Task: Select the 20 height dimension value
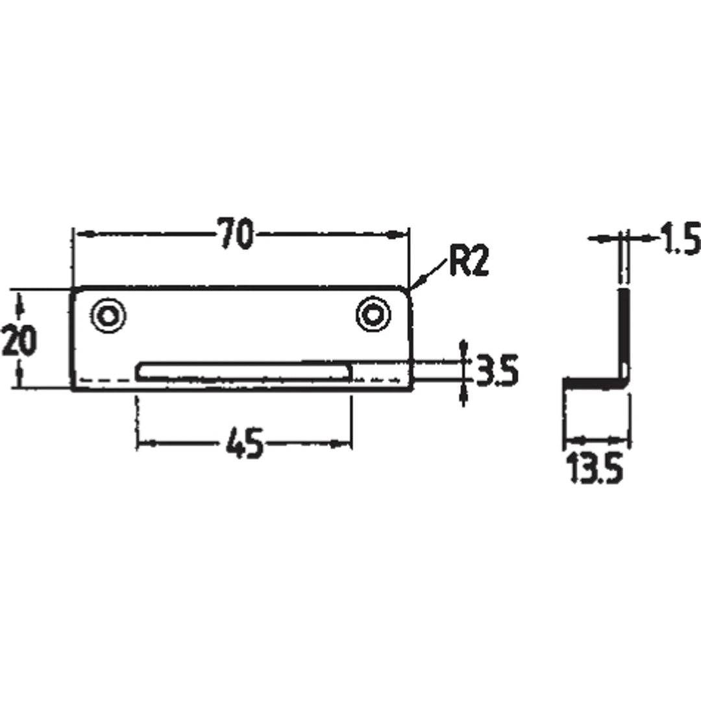pyautogui.click(x=19, y=340)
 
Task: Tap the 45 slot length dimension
pyautogui.click(x=244, y=446)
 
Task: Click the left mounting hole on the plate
pyautogui.click(x=108, y=316)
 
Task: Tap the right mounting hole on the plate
pyautogui.click(x=373, y=315)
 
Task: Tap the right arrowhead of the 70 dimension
pyautogui.click(x=404, y=234)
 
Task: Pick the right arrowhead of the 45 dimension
pyautogui.click(x=345, y=445)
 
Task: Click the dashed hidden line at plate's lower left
pyautogui.click(x=104, y=380)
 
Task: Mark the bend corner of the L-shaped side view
pyautogui.click(x=624, y=382)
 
